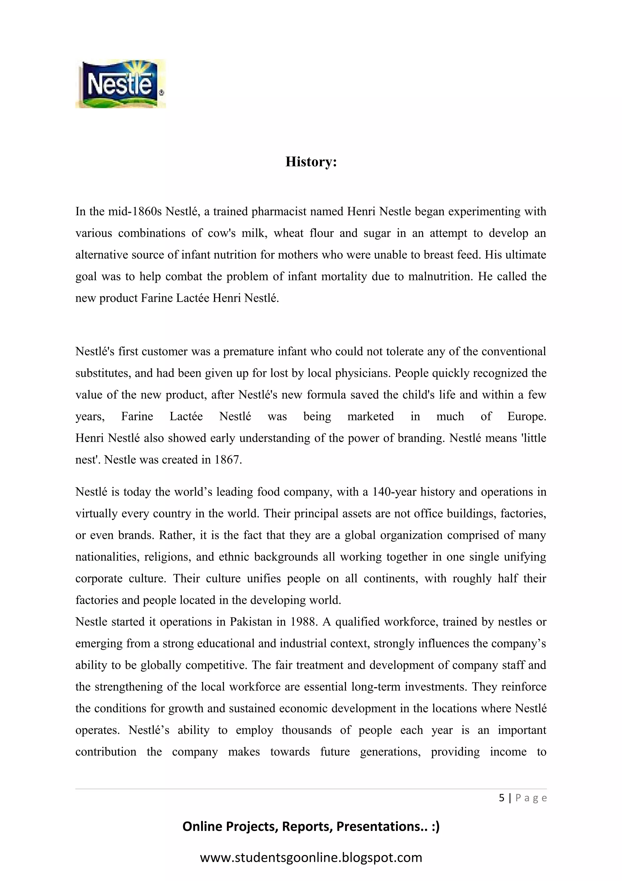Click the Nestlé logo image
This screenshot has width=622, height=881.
coord(120,84)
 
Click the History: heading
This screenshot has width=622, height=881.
coord(311,161)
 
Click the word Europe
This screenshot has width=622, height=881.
coord(526,416)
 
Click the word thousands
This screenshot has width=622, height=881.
coord(306,730)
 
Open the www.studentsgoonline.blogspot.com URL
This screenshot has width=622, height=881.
coord(311,857)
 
